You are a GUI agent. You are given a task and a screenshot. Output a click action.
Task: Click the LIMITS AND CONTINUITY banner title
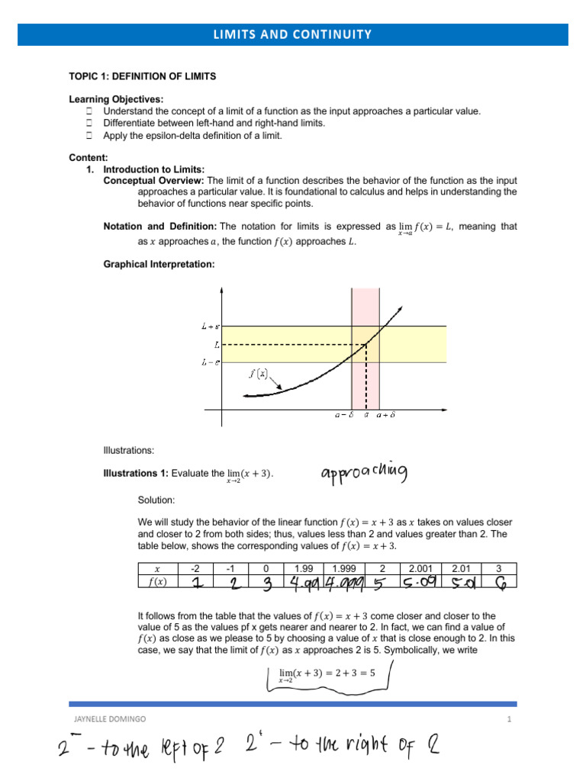click(x=294, y=34)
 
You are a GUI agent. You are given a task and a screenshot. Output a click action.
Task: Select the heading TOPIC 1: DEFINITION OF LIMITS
click(x=143, y=76)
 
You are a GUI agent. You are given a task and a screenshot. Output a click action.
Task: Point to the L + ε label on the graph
click(x=211, y=326)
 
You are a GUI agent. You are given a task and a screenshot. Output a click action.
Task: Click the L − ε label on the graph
click(x=211, y=362)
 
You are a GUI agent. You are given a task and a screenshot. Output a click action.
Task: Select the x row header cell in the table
click(x=157, y=568)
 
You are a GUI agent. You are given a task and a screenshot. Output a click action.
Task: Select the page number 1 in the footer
click(x=507, y=719)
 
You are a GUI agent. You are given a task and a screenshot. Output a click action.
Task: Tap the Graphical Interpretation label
click(x=159, y=265)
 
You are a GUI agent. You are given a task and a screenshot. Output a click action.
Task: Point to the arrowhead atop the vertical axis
click(x=221, y=291)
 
